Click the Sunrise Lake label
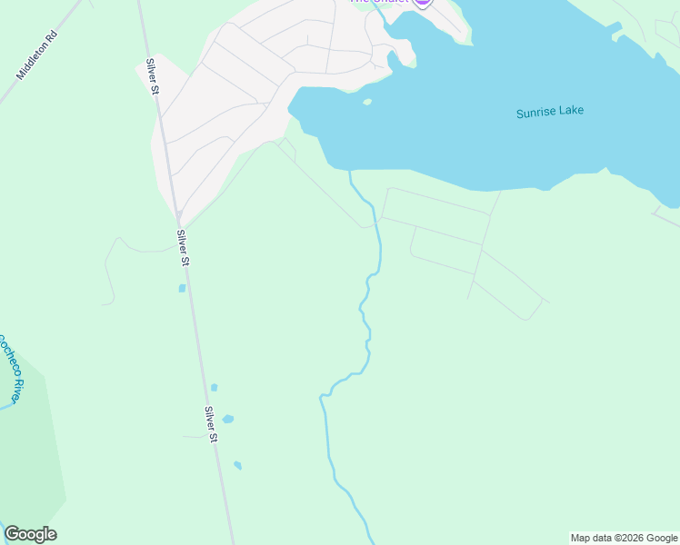pyautogui.click(x=549, y=112)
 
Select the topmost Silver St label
pyautogui.click(x=153, y=77)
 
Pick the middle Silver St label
pyautogui.click(x=183, y=247)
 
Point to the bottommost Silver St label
pyautogui.click(x=211, y=424)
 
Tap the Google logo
pyautogui.click(x=30, y=534)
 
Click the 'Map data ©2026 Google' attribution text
pyautogui.click(x=625, y=538)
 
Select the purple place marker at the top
pyautogui.click(x=422, y=3)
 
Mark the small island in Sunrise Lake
pyautogui.click(x=367, y=102)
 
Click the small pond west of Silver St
pyautogui.click(x=182, y=288)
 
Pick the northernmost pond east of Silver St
pyautogui.click(x=215, y=388)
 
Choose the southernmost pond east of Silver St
pyautogui.click(x=237, y=465)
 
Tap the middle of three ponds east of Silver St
pyautogui.click(x=227, y=419)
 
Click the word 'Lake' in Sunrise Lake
pyautogui.click(x=571, y=111)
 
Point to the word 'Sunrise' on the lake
pyautogui.click(x=535, y=113)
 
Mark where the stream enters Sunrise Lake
pyautogui.click(x=350, y=171)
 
